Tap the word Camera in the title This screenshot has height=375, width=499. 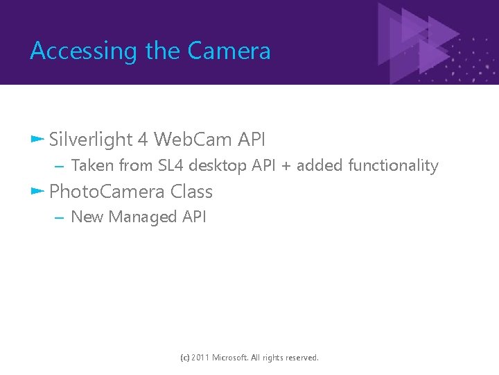(229, 51)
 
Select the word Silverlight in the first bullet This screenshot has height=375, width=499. (91, 140)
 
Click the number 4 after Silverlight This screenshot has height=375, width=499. (143, 140)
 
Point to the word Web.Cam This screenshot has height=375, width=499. (193, 140)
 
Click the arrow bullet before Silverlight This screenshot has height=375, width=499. (37, 139)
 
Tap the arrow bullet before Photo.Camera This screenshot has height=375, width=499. (37, 191)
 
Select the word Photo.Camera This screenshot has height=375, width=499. (107, 192)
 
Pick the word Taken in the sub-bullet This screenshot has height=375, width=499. (93, 165)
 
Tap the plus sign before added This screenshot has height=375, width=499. (286, 166)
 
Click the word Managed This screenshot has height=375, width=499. (143, 217)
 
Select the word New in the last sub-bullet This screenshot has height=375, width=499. (87, 217)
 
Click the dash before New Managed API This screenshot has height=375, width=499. (59, 217)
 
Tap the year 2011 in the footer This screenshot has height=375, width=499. (201, 358)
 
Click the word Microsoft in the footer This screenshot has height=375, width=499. (236, 358)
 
